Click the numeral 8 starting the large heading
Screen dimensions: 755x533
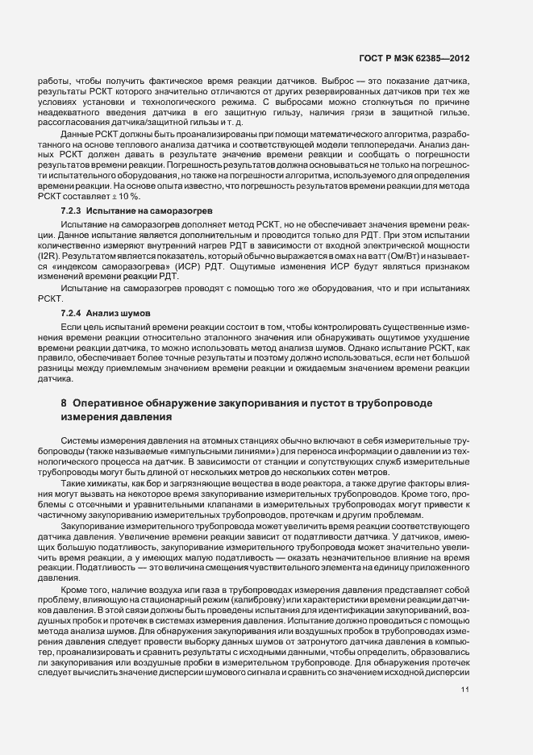click(x=64, y=402)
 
